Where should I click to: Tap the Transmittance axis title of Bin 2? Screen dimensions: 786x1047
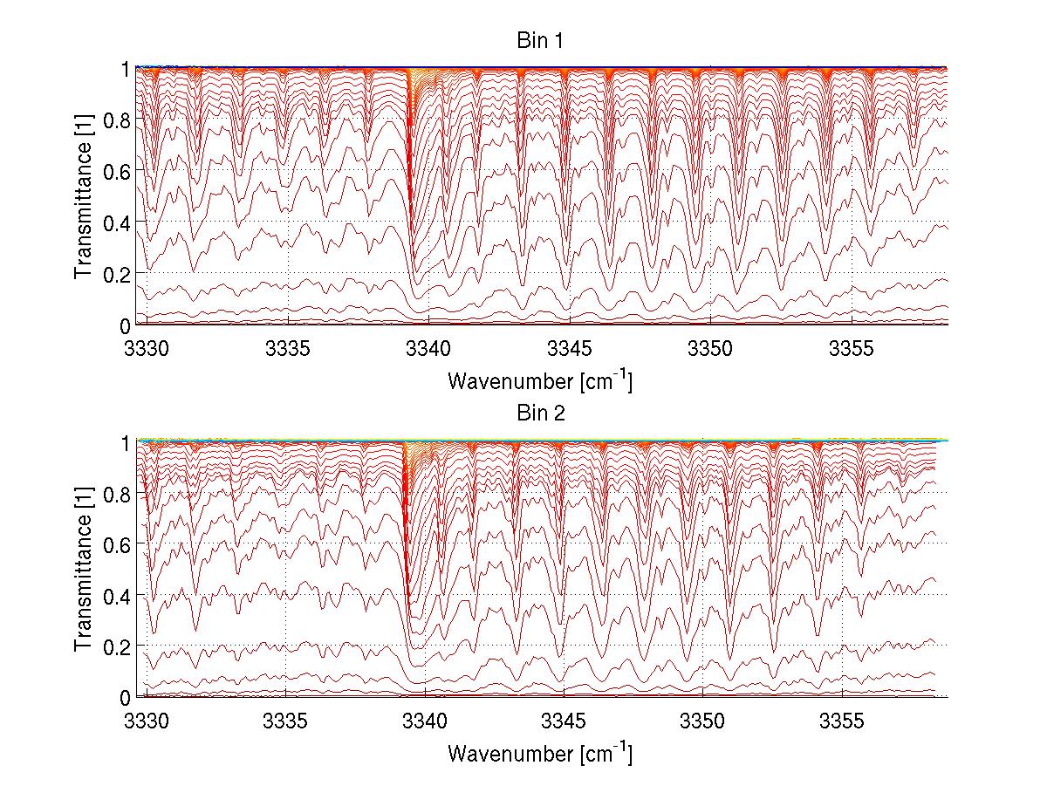(84, 569)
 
